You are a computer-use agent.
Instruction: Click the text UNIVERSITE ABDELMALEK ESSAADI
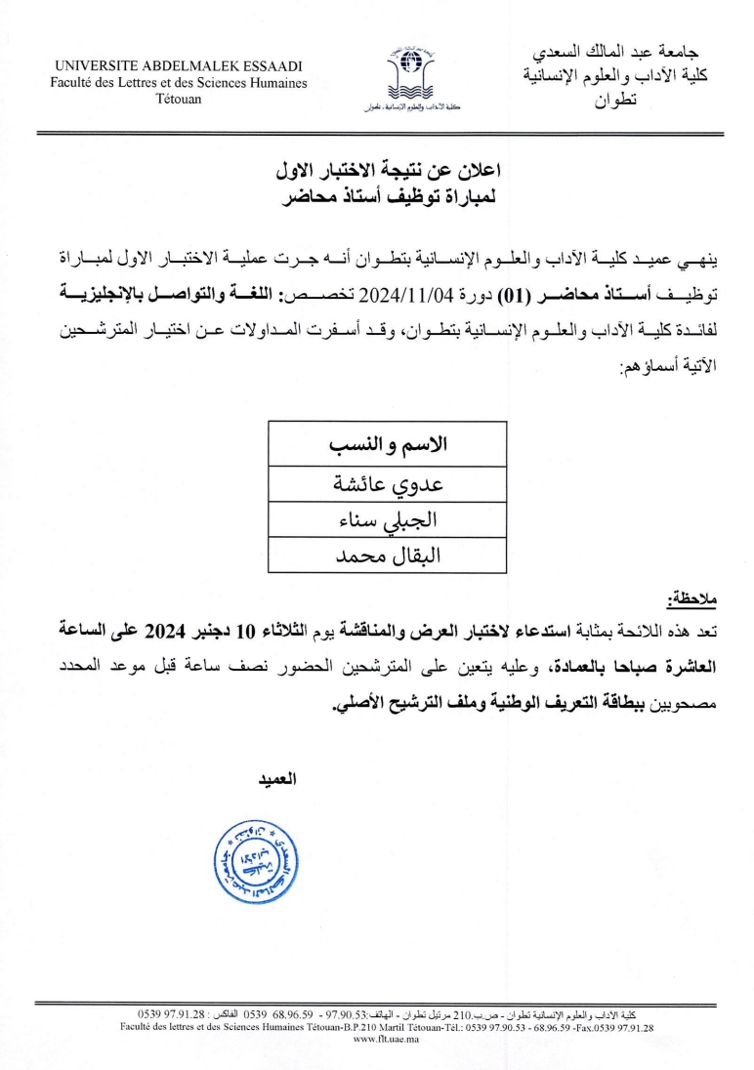[x=179, y=65]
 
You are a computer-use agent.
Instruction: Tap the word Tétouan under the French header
[x=179, y=100]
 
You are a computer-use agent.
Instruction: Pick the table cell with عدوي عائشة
[x=387, y=484]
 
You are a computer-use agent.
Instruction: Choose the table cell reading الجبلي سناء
[x=387, y=519]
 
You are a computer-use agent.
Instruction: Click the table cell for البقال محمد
[x=387, y=556]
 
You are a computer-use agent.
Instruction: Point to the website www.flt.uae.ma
[x=387, y=1040]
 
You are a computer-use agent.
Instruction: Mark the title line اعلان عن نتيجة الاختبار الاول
[x=387, y=173]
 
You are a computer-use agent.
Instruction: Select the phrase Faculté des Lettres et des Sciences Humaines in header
[x=179, y=83]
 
